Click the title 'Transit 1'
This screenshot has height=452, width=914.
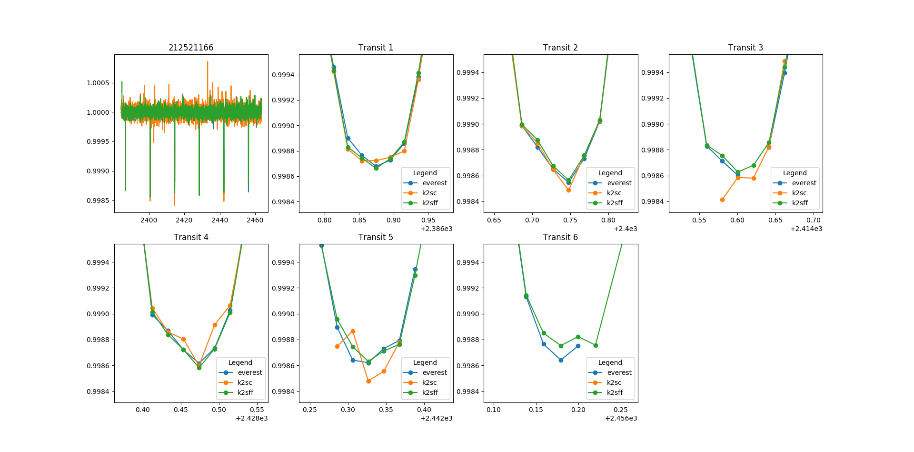[x=376, y=48]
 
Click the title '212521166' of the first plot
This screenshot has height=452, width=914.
[x=191, y=48]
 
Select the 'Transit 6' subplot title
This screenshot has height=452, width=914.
[x=560, y=237]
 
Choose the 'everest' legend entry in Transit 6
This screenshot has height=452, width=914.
[x=619, y=372]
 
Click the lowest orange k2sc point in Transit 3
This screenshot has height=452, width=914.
[x=722, y=200]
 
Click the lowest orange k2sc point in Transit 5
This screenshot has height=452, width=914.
[x=368, y=381]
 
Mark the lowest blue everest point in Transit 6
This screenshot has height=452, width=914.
[x=561, y=360]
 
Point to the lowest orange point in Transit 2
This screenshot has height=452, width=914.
[x=568, y=190]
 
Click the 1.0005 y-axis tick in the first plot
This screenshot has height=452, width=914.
[x=98, y=83]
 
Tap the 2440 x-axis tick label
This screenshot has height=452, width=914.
[x=219, y=220]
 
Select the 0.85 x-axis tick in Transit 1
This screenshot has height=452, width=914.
[x=359, y=220]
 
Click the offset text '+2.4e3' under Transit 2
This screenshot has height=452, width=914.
[x=625, y=229]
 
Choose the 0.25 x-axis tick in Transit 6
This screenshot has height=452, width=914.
[x=620, y=410]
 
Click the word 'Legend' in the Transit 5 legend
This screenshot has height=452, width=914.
[x=425, y=362]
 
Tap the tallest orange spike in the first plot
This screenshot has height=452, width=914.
[x=208, y=62]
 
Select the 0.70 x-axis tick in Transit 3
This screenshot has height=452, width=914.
[x=813, y=220]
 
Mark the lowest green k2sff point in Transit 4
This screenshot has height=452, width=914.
[x=199, y=368]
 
